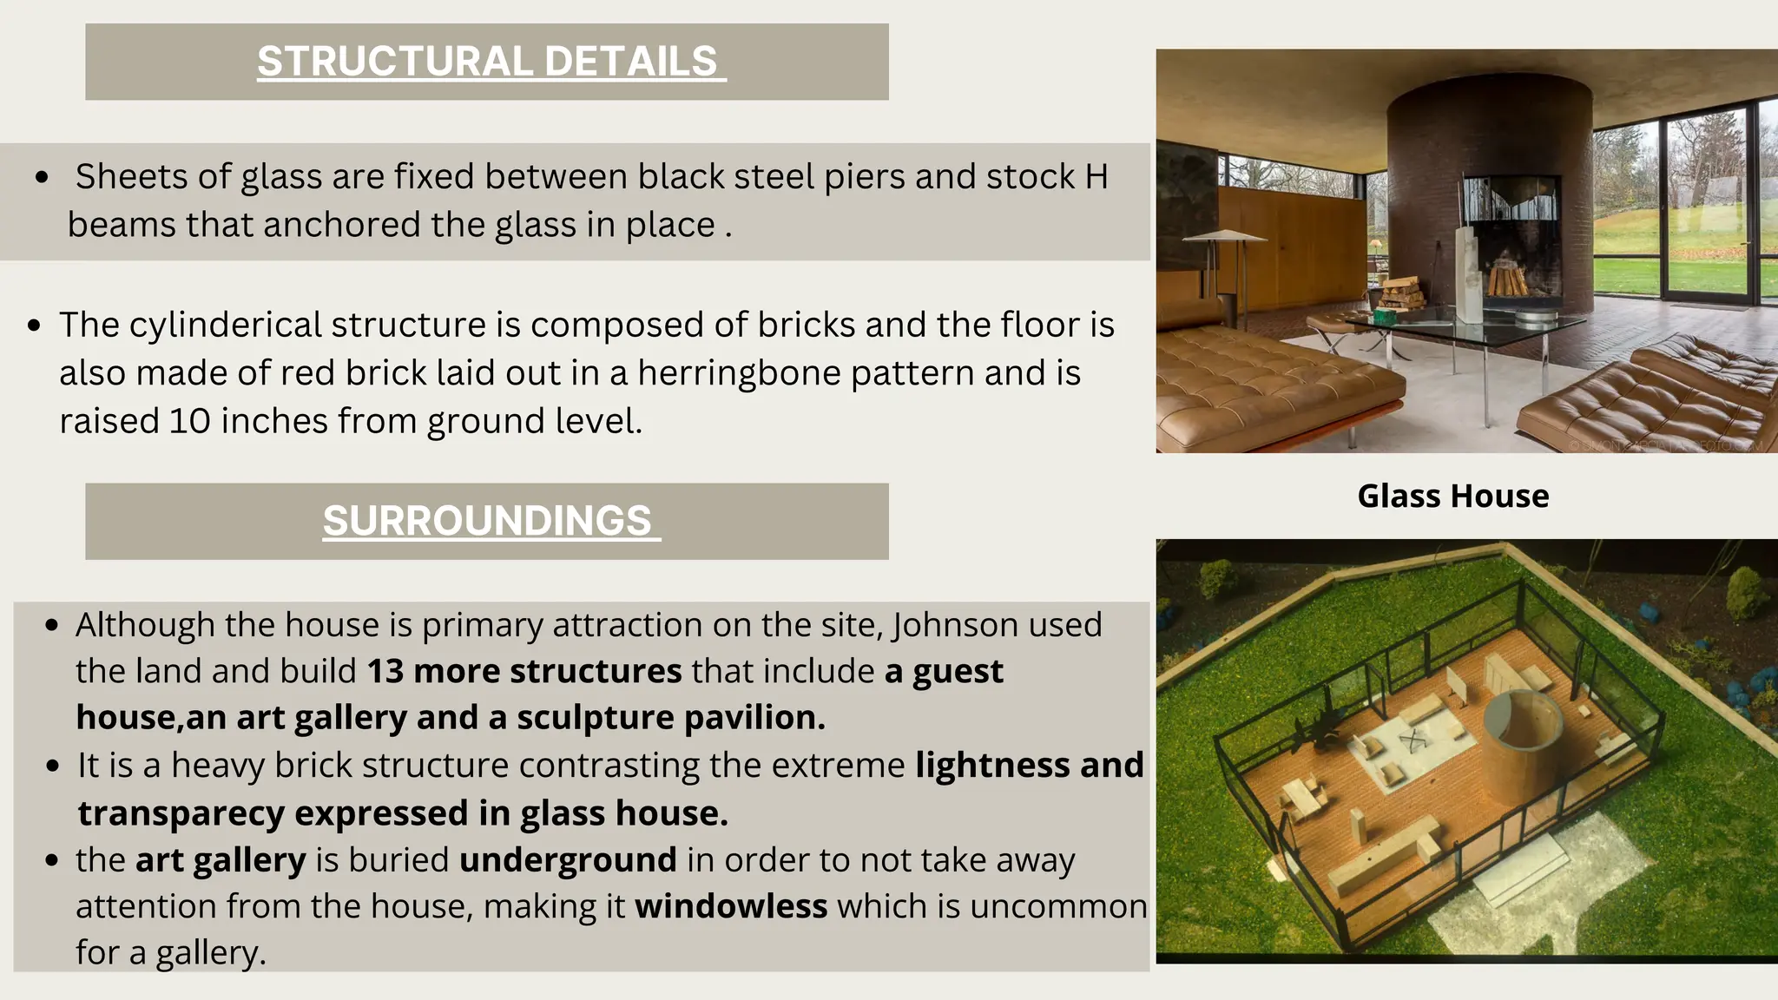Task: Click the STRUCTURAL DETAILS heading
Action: coord(487,62)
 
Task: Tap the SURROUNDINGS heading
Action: coord(487,521)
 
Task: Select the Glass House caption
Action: coord(1452,497)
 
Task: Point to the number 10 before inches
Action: coord(189,421)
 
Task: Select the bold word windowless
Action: coord(731,906)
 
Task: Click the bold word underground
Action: coord(568,860)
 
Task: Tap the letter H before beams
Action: coord(1096,177)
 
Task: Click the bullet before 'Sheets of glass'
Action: coord(42,178)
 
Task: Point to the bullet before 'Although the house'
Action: coord(53,626)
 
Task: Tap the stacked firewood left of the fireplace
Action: coord(1401,293)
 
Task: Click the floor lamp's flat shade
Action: coord(1225,235)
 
